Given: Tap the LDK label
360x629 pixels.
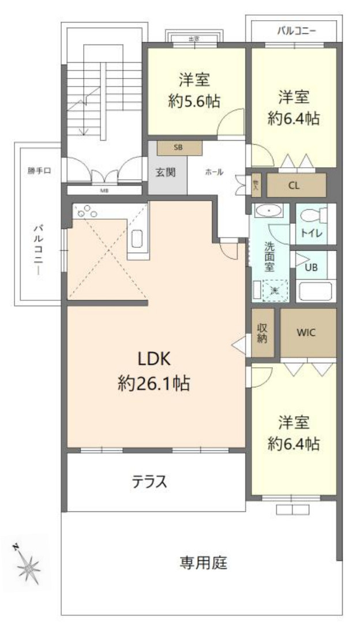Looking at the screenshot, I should tap(154, 360).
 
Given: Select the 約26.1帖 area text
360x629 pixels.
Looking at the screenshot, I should tap(154, 383).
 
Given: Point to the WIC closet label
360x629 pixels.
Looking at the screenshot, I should tap(307, 333).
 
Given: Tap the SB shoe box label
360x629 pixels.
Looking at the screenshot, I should tap(179, 148).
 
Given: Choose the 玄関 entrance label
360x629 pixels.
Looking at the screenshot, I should tap(167, 172).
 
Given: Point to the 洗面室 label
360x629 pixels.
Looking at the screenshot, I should tap(270, 256).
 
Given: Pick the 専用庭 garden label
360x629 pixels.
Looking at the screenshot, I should tap(202, 562).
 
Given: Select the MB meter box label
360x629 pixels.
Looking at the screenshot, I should tap(104, 190).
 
